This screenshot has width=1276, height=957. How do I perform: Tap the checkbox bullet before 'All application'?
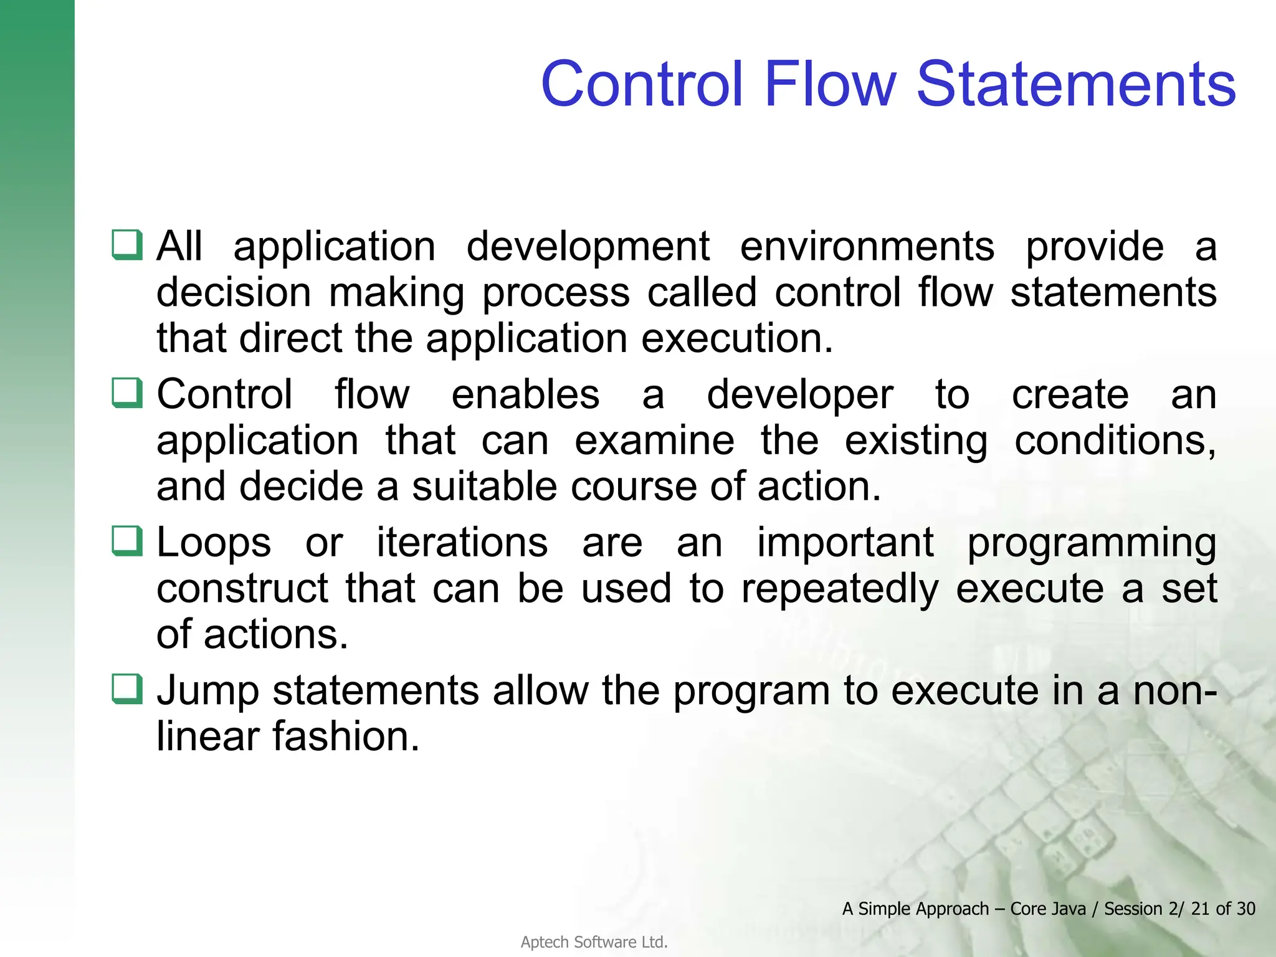point(128,245)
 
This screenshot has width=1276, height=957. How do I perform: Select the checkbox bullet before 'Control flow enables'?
point(128,393)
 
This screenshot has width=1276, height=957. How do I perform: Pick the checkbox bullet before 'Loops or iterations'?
point(128,541)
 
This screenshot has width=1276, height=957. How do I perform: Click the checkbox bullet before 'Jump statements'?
point(128,689)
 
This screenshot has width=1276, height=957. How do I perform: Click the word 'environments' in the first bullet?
point(867,247)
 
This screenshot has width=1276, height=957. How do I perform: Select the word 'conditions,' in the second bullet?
point(1115,442)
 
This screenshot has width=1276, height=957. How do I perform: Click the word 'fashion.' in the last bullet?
point(346,737)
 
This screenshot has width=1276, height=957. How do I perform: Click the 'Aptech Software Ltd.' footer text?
point(594,942)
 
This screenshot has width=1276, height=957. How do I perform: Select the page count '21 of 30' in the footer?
point(1222,909)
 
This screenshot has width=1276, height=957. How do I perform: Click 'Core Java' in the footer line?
point(1047,909)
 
